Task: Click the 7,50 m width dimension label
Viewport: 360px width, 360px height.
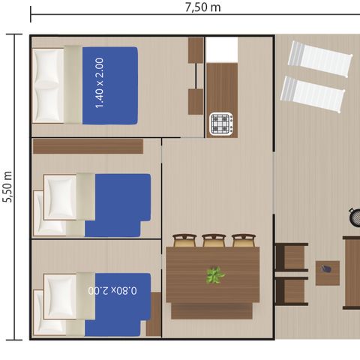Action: (x=202, y=7)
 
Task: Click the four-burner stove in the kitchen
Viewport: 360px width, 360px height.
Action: (x=222, y=123)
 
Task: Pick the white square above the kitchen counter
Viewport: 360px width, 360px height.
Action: (x=221, y=49)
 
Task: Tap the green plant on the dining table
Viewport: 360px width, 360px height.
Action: (x=215, y=275)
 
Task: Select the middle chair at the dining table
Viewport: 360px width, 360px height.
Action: (x=214, y=240)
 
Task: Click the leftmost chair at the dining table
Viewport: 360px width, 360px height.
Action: (x=184, y=240)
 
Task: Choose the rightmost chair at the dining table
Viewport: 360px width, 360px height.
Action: (x=243, y=240)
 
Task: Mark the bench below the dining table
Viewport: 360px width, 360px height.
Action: (x=212, y=310)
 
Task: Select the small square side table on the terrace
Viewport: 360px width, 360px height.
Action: (x=327, y=273)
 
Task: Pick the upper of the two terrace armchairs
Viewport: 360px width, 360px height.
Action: (x=291, y=257)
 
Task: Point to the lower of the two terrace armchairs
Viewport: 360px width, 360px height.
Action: (x=291, y=291)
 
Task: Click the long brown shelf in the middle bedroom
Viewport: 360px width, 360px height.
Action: (x=88, y=145)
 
